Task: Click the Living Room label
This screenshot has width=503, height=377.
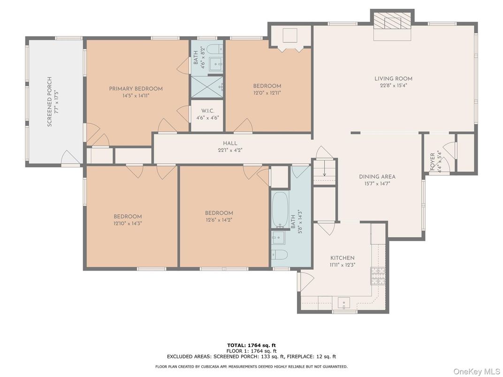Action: click(x=393, y=79)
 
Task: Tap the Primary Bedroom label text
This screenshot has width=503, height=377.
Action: click(x=136, y=89)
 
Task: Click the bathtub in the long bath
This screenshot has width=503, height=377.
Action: click(x=280, y=208)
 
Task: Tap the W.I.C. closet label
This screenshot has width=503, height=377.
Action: click(x=207, y=111)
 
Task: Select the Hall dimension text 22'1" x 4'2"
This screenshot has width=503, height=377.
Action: click(x=230, y=150)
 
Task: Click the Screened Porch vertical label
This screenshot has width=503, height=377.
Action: click(x=50, y=102)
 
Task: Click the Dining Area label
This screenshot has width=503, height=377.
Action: click(x=377, y=177)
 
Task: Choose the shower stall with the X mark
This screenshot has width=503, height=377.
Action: click(x=206, y=87)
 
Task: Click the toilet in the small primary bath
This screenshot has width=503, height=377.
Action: click(x=215, y=48)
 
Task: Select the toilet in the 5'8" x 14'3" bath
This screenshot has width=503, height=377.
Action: click(x=280, y=255)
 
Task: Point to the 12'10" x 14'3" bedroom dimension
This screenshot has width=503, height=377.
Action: click(x=128, y=224)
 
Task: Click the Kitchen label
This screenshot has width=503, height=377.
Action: click(x=342, y=258)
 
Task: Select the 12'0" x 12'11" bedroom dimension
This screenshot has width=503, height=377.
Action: click(x=267, y=93)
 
